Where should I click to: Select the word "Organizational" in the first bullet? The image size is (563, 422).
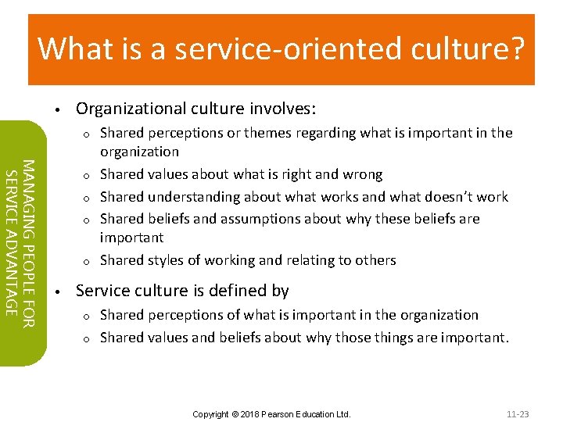point(122,108)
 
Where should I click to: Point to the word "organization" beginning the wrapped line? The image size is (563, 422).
point(139,152)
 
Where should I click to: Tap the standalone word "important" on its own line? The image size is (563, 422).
point(131,238)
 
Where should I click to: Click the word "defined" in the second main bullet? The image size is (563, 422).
point(242,291)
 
